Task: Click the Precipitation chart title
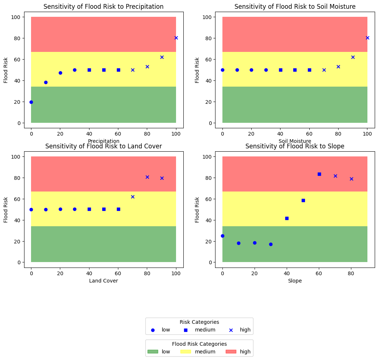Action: [x=103, y=7]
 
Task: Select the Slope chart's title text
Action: [x=295, y=147]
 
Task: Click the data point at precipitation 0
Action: [x=31, y=102]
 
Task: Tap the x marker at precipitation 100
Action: [x=176, y=38]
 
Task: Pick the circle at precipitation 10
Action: [x=46, y=82]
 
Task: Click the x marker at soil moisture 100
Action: [x=367, y=38]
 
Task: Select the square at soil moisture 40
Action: [x=280, y=70]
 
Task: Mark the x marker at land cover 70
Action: [x=133, y=197]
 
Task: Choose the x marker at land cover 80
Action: [x=147, y=177]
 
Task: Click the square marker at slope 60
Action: [x=319, y=174]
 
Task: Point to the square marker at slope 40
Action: [x=287, y=218]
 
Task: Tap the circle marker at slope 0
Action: [x=222, y=236]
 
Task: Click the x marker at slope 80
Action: [x=351, y=179]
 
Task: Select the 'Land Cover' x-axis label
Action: [x=103, y=281]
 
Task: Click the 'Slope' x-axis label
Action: [x=295, y=281]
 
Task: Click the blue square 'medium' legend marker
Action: [x=186, y=330]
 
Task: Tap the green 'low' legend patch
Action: [x=153, y=352]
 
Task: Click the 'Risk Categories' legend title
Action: [x=199, y=322]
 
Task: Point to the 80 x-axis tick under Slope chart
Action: [x=351, y=272]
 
